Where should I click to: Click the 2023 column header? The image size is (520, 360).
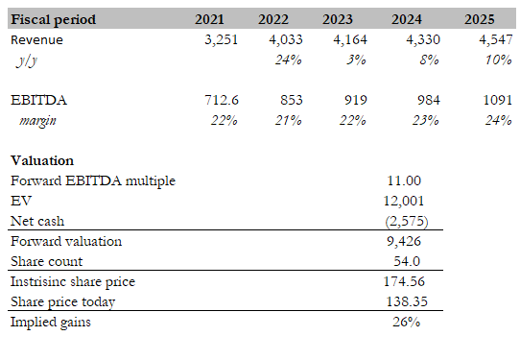(338, 19)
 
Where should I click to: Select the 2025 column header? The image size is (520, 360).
(479, 19)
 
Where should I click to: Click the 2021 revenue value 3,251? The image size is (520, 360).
(222, 39)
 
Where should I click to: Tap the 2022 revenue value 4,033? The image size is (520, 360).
(286, 39)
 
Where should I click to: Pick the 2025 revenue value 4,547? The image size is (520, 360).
(496, 39)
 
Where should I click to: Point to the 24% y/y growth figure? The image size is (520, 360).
(288, 60)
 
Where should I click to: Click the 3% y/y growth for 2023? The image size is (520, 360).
(356, 60)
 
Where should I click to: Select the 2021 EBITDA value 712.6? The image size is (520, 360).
(222, 100)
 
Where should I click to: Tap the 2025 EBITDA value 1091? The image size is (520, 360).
(497, 100)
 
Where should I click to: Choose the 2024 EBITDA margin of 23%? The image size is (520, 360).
(425, 120)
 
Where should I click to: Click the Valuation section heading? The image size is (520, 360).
(42, 160)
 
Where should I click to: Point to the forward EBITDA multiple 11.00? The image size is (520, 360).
(404, 180)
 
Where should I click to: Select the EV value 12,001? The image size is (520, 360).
(404, 201)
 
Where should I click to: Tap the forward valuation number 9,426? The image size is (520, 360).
(404, 241)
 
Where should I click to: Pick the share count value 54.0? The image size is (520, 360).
(407, 261)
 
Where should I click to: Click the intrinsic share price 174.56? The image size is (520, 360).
(404, 281)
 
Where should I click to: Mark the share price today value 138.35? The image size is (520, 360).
(407, 301)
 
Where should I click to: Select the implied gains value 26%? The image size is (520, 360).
(406, 322)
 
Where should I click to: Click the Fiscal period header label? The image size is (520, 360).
(54, 19)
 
